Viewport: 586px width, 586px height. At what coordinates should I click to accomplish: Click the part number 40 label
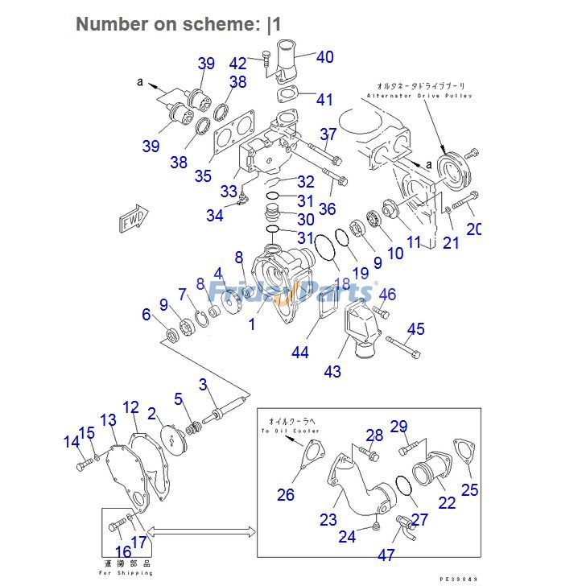[324, 57]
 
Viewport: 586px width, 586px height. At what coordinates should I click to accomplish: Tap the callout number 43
[332, 371]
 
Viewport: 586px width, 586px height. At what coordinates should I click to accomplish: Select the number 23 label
[328, 520]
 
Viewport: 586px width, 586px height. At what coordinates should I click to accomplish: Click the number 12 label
[131, 407]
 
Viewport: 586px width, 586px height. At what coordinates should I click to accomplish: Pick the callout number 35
[203, 175]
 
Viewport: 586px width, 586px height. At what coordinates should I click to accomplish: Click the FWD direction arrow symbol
[132, 220]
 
